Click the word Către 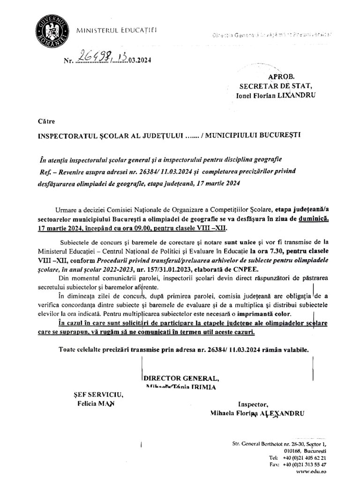(x=44, y=120)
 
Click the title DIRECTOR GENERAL (x=180, y=379)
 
